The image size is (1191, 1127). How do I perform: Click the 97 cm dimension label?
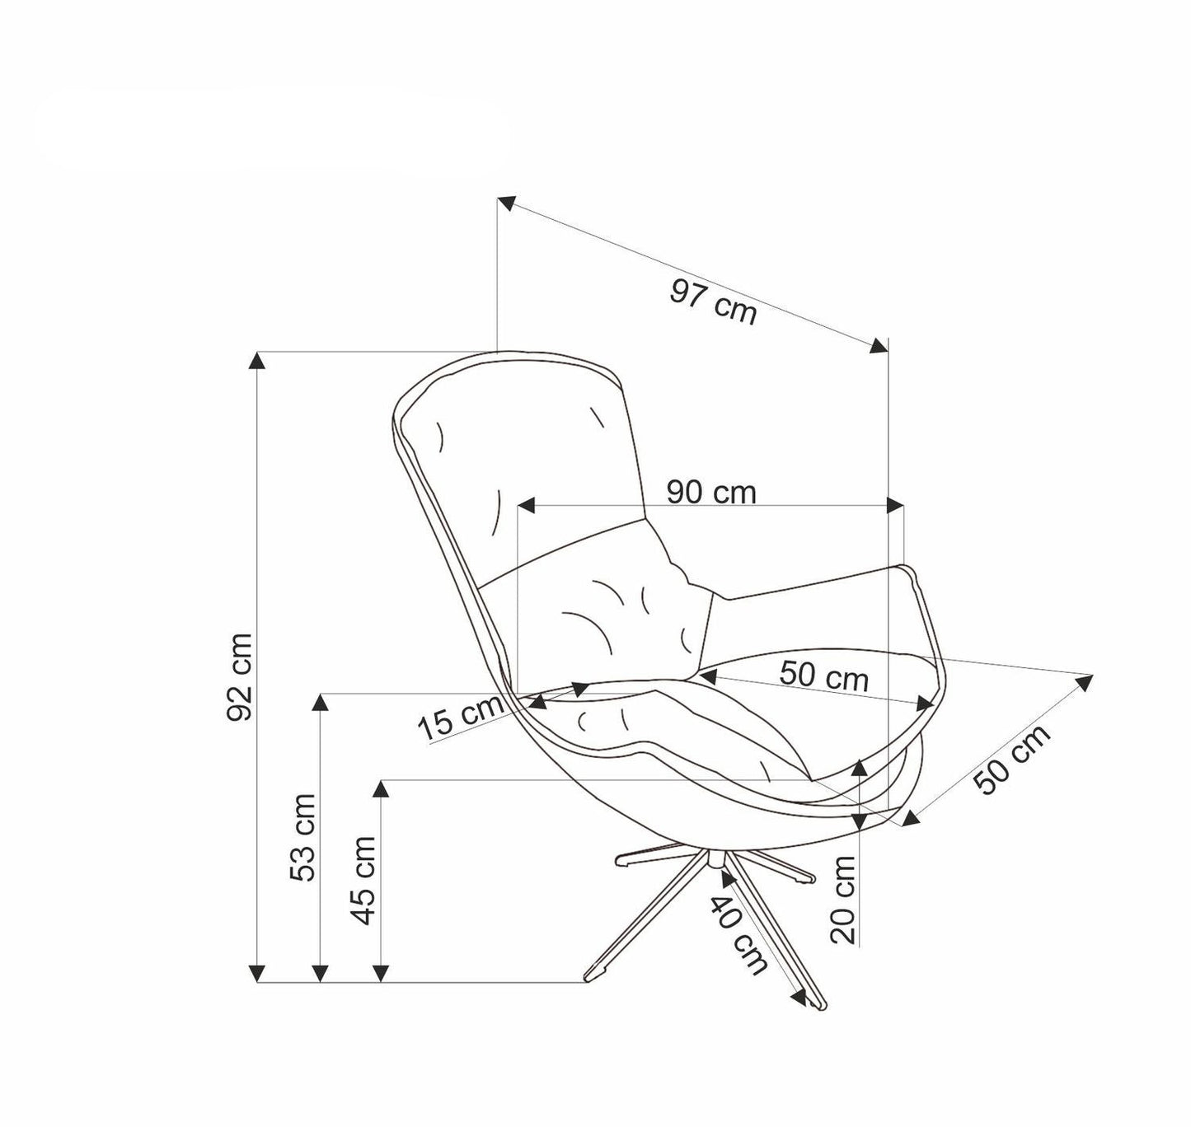[x=713, y=302]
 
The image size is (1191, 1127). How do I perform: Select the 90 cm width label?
[x=710, y=493]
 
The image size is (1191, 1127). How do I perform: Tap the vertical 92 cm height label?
[x=241, y=677]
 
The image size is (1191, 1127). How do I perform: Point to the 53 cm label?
[x=304, y=837]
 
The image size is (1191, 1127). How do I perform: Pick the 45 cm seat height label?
[x=363, y=880]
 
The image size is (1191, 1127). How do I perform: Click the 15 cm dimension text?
[x=460, y=718]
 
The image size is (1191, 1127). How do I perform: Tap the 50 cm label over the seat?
[x=823, y=676]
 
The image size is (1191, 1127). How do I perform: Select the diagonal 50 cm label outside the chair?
[x=1014, y=760]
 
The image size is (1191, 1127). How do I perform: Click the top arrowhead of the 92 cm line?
[x=259, y=360]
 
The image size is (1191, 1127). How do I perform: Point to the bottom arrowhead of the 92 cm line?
[x=259, y=974]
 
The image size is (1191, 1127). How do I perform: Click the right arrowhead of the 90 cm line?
[x=895, y=505]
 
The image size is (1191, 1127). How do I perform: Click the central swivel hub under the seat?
[x=713, y=859]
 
